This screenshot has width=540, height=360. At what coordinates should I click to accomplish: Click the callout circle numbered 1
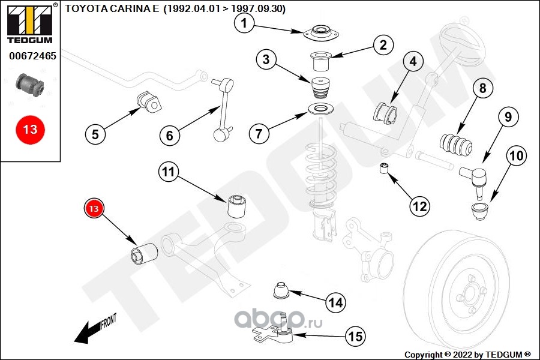244,23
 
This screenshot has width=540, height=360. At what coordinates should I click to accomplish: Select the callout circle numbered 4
413,61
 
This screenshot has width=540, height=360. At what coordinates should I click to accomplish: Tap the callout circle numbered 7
259,133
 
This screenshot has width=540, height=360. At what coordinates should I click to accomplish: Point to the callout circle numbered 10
517,157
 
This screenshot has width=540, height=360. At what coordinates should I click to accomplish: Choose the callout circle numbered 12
419,206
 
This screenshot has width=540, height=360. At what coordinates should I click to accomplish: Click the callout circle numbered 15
355,337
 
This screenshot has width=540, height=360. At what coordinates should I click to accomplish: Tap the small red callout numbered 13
94,209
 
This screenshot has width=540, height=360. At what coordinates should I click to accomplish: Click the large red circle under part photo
30,129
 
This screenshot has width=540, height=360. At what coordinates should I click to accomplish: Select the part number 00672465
32,57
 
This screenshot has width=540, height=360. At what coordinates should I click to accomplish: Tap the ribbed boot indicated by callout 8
455,145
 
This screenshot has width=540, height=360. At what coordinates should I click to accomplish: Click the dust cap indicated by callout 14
280,290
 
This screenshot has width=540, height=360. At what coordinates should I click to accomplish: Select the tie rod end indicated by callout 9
476,178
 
